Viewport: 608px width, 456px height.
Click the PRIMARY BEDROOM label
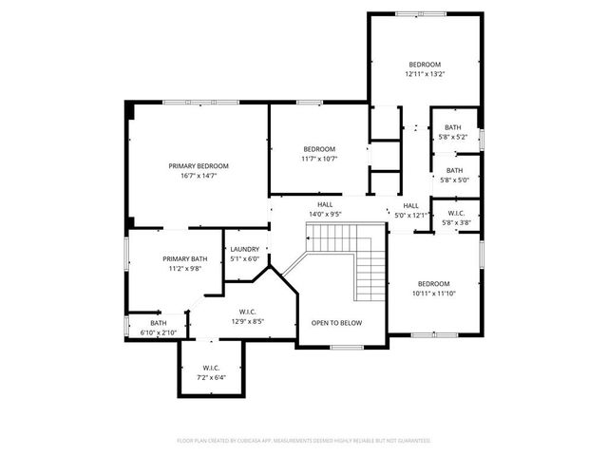(x=199, y=165)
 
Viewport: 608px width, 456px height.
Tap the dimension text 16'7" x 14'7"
(x=199, y=176)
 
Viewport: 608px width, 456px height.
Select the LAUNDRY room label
(x=244, y=249)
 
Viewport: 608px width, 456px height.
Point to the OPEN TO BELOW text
(x=336, y=323)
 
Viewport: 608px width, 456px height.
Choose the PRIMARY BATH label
(x=185, y=258)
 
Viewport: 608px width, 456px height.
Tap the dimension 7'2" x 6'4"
(x=211, y=377)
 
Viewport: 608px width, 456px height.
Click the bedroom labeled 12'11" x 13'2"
(x=425, y=65)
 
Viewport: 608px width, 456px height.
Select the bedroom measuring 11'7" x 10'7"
(x=319, y=149)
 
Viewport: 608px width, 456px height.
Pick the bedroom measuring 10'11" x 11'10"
(x=433, y=283)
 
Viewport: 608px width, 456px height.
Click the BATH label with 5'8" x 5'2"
(x=453, y=127)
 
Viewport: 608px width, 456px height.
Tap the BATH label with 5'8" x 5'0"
(x=453, y=170)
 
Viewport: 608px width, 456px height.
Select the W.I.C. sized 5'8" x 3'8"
(x=455, y=213)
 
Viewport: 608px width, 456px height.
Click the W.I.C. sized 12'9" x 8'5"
(x=247, y=311)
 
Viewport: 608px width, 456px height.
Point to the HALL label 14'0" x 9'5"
(x=325, y=204)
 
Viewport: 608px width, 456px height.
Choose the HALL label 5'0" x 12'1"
(x=410, y=205)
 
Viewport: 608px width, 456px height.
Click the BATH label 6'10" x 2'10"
(x=157, y=322)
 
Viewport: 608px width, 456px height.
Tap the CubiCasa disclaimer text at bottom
(x=304, y=441)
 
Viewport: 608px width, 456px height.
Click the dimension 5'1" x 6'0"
(x=244, y=259)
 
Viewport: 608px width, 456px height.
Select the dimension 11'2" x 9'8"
(x=185, y=269)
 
